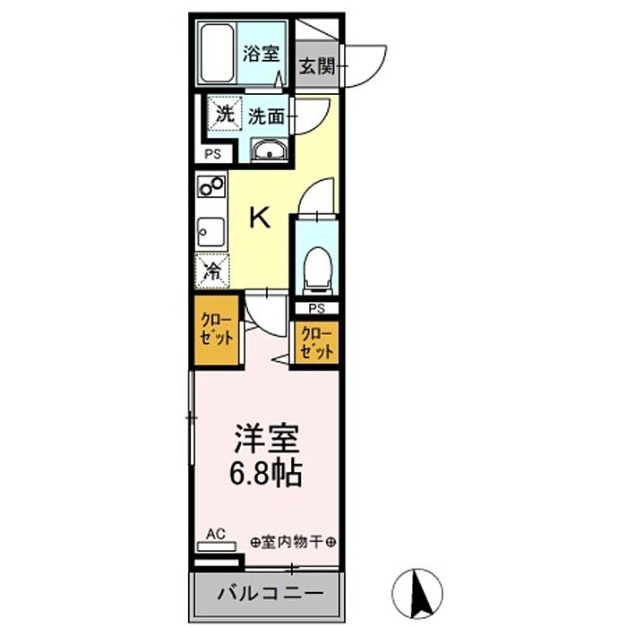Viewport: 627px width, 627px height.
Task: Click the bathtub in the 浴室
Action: point(217,53)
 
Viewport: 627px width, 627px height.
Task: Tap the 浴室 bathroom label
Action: point(262,53)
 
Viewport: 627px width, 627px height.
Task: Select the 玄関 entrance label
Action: point(317,65)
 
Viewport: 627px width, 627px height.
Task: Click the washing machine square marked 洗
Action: point(225,113)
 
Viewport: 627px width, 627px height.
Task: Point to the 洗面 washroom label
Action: point(266,116)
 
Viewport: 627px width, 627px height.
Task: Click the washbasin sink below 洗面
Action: point(269,151)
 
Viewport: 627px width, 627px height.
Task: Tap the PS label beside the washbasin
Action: point(213,154)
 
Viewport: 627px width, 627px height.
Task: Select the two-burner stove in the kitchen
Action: point(211,186)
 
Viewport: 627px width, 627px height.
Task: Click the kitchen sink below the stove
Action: point(210,232)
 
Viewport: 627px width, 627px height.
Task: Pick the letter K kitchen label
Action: point(261,217)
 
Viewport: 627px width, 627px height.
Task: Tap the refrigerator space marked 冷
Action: point(212,271)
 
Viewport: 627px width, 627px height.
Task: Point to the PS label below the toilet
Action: point(317,308)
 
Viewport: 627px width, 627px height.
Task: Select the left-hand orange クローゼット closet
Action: point(217,330)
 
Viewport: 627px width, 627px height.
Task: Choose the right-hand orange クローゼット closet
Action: point(317,343)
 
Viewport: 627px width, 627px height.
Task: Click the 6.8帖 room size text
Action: point(265,473)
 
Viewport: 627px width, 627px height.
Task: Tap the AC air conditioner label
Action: point(216,534)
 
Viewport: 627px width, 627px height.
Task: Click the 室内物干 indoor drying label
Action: point(292,543)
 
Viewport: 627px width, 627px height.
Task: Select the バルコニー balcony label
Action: point(271,593)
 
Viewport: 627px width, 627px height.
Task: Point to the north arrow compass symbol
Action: point(417,593)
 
